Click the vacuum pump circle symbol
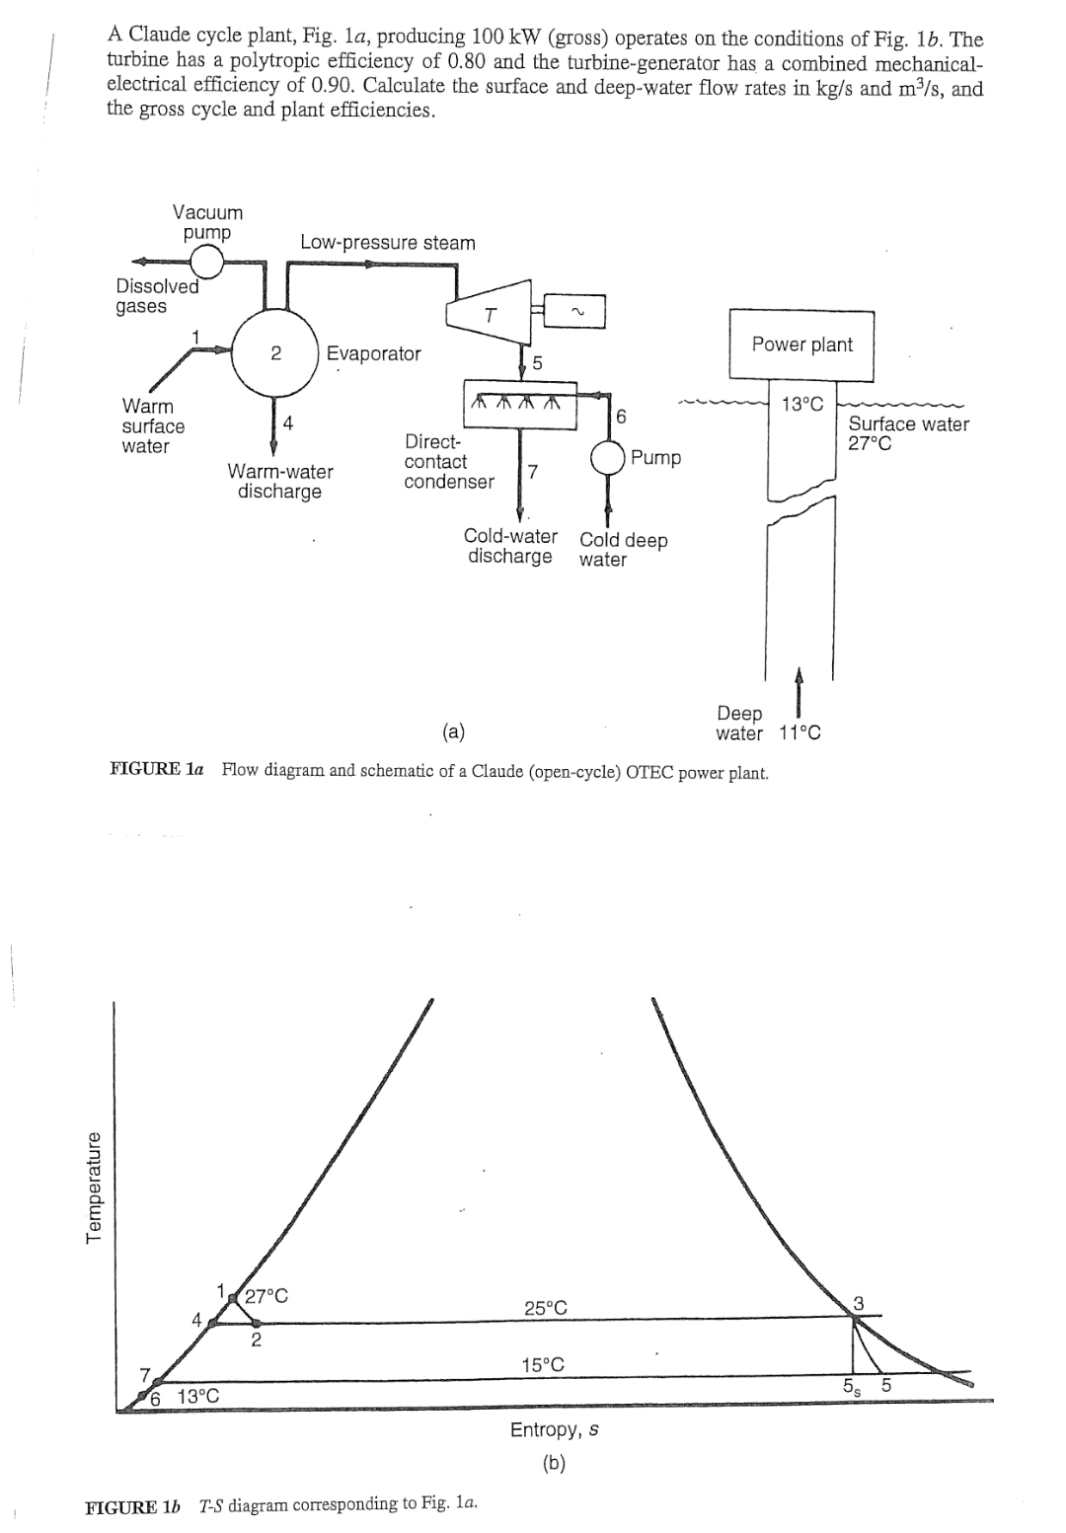tap(207, 262)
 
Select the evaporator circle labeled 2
tap(274, 353)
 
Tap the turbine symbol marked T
tap(487, 315)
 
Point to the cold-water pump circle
tap(607, 458)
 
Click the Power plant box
tap(800, 345)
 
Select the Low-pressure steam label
tap(388, 243)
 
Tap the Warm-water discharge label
tap(280, 482)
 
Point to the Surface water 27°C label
tap(908, 433)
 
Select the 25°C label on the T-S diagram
tap(545, 1308)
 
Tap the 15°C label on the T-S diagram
tap(543, 1365)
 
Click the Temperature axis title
tap(95, 1190)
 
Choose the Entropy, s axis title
tap(555, 1429)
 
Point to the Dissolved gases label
tap(156, 296)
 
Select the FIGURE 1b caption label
tap(133, 1506)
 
